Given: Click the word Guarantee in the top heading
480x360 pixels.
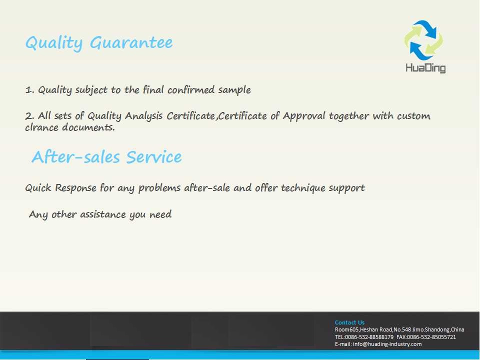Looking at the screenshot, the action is (131, 42).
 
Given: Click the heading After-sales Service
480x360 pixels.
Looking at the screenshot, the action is (107, 157).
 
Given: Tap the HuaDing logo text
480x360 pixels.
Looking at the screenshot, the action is (425, 67).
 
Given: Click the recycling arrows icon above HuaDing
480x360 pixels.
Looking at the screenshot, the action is (423, 40).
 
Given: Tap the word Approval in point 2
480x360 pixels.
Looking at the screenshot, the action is (304, 116).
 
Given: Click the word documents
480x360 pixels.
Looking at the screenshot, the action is (88, 127).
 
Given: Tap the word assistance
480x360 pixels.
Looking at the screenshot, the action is (103, 214).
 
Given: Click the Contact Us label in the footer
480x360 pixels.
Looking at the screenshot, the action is (349, 322).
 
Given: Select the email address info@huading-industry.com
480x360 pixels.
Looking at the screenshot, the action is (387, 344).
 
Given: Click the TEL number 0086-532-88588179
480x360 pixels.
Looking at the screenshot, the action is (369, 337).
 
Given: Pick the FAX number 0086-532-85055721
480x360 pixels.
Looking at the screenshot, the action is (431, 337).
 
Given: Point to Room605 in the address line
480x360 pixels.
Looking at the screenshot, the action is (347, 329).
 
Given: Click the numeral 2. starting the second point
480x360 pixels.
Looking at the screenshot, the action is (29, 116).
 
